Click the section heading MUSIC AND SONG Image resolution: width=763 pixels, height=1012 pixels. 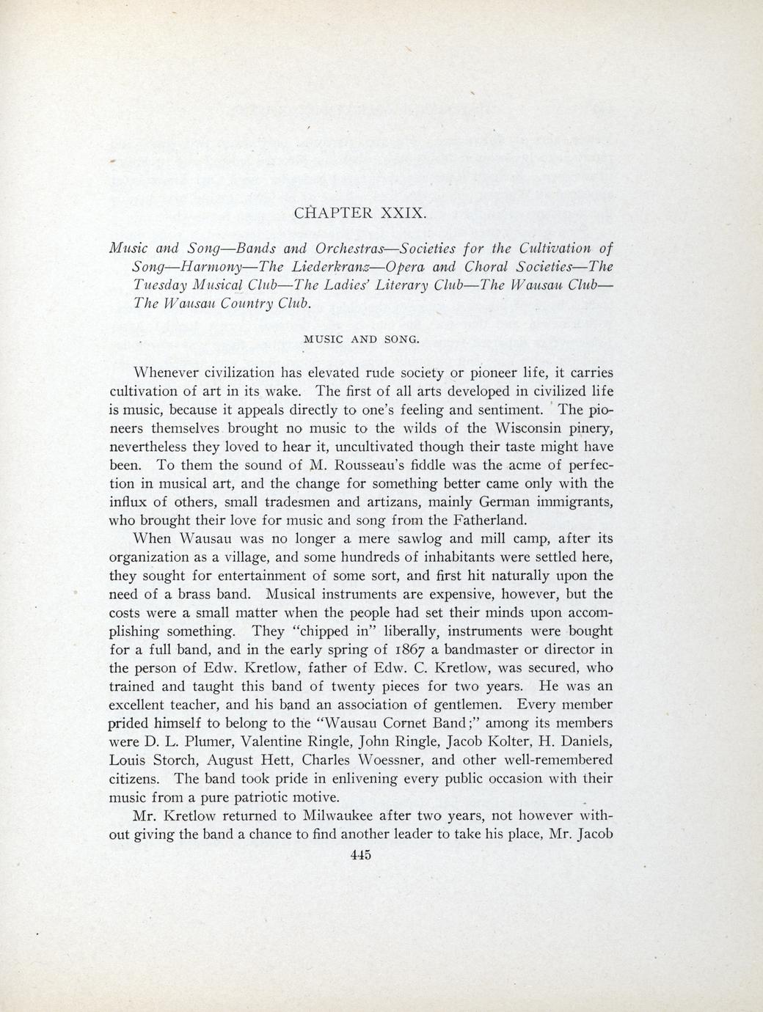click(x=361, y=339)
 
